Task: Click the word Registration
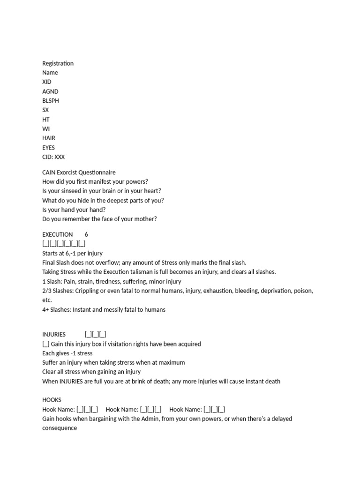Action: [58, 63]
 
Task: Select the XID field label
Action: [47, 82]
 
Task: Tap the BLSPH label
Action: [51, 101]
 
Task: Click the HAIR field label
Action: [49, 138]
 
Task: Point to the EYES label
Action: [48, 148]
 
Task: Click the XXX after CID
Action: [60, 157]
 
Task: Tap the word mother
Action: [146, 219]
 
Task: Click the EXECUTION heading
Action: [58, 234]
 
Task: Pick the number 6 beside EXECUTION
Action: [86, 234]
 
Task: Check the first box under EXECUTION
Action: [45, 244]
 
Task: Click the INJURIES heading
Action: [54, 334]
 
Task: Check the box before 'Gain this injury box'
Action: [45, 344]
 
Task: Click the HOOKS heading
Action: [52, 400]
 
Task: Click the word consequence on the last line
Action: [60, 428]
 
